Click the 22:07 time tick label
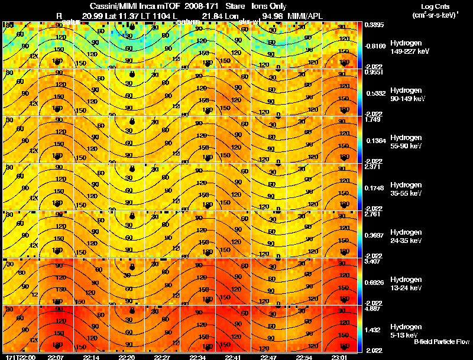(x=56, y=356)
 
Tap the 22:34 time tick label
(x=198, y=356)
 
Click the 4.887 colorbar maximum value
(x=373, y=309)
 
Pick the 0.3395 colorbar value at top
(x=374, y=25)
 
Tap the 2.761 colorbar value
(x=373, y=214)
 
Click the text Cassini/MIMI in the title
(x=104, y=5)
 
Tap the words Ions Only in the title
(x=270, y=5)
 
